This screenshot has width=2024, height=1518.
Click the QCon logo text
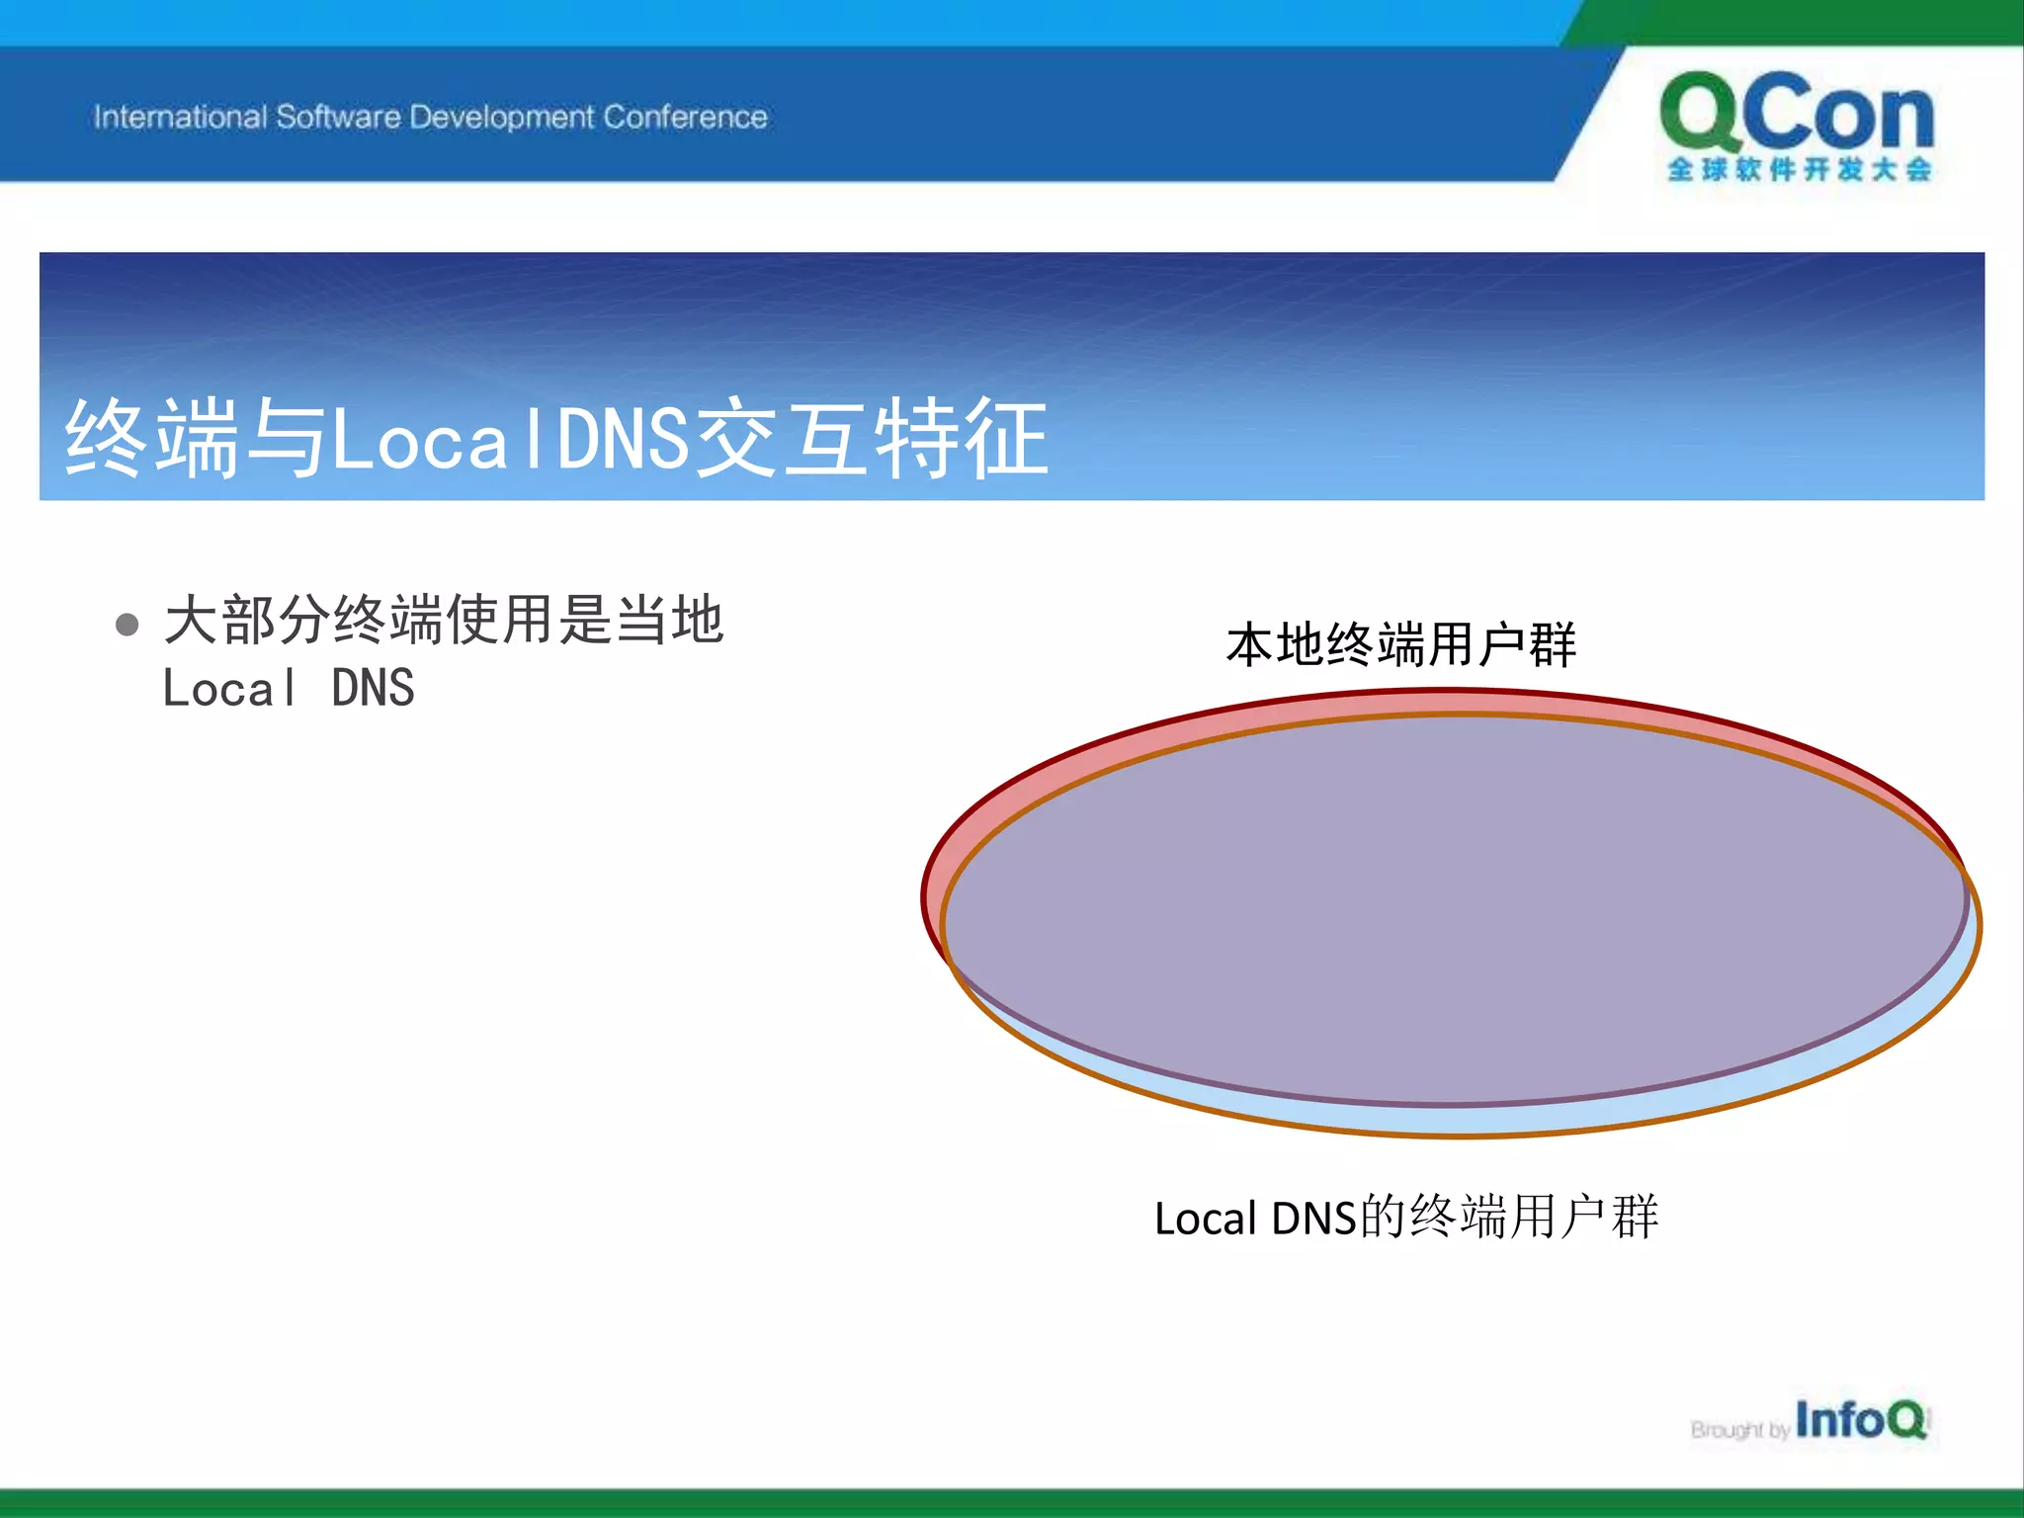pos(1797,114)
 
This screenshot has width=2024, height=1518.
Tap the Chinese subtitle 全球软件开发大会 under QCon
pos(1799,170)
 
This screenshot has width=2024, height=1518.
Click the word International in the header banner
pos(180,117)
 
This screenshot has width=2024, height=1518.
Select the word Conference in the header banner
pos(685,117)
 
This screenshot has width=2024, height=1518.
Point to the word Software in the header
pos(338,117)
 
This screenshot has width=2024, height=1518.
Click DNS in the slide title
pos(623,438)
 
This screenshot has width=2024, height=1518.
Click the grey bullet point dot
pos(126,625)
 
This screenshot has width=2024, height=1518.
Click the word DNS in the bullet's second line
pos(373,688)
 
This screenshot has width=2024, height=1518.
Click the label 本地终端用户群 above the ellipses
pos(1400,644)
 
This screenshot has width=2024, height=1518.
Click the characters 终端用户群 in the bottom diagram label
pos(1534,1217)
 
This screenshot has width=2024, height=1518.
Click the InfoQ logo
pos(1860,1420)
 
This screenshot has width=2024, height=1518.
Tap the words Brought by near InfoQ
pos(1739,1430)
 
